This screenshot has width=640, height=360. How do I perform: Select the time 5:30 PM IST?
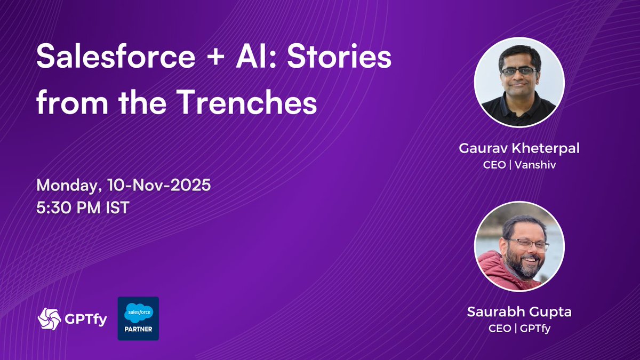click(x=83, y=207)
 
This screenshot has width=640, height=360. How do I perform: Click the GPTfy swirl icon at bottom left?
click(x=49, y=319)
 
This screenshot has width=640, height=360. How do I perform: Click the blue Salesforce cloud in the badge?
click(x=138, y=312)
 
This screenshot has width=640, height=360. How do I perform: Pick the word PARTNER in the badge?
click(x=138, y=329)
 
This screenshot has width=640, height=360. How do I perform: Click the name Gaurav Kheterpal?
click(x=519, y=148)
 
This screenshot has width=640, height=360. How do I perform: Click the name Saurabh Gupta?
click(x=519, y=313)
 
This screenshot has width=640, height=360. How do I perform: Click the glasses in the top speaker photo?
click(x=518, y=71)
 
